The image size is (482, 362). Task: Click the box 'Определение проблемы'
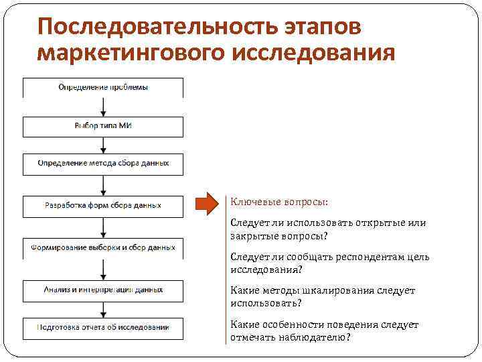[x=103, y=88]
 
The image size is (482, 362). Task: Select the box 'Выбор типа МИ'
[x=103, y=126]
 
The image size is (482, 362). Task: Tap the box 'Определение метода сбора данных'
[x=103, y=164]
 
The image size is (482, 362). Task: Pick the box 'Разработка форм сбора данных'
[x=103, y=206]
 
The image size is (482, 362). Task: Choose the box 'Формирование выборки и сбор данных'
[x=103, y=247]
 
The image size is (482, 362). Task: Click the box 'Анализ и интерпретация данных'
[x=103, y=290]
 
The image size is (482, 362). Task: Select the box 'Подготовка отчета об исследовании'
[x=103, y=328]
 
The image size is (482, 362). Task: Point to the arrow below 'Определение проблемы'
[x=103, y=107]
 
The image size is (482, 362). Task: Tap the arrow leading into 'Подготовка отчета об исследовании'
[x=103, y=310]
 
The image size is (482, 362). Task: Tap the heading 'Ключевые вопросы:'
[x=279, y=202]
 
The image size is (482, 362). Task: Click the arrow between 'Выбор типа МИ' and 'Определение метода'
[x=103, y=145]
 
